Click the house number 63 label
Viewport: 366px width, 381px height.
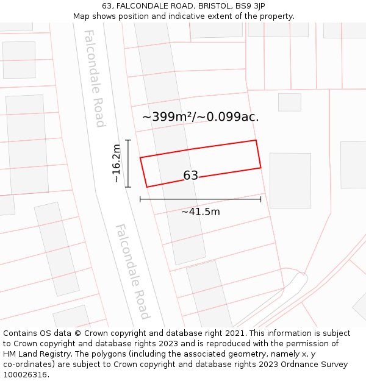(x=190, y=176)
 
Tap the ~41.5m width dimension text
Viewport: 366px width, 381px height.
(x=200, y=212)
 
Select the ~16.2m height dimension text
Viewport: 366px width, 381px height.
(x=117, y=163)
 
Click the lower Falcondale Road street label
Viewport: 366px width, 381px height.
(x=132, y=271)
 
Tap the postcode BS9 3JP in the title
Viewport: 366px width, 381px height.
(x=248, y=6)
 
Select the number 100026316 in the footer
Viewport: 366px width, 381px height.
(x=26, y=375)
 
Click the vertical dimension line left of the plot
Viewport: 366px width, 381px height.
(x=128, y=163)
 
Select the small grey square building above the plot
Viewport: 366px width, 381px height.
(x=289, y=102)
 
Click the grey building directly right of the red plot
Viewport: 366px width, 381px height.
(x=290, y=180)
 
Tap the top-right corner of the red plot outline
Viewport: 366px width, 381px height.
(x=256, y=140)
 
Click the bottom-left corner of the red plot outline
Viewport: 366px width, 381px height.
(x=147, y=187)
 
